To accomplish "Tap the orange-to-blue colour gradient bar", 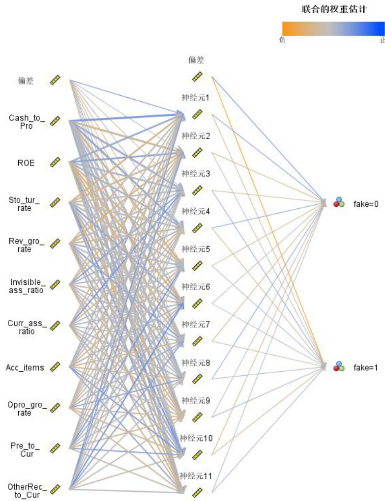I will click(x=333, y=28).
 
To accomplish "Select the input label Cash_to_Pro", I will click(x=27, y=121).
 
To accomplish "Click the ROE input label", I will click(x=26, y=163).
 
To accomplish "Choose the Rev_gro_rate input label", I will click(x=27, y=245).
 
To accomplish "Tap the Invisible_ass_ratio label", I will click(x=27, y=286).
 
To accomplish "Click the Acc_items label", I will click(x=25, y=367).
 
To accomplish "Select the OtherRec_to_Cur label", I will click(x=27, y=490).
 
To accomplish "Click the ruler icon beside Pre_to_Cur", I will click(x=55, y=447).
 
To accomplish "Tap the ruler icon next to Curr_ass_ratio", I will click(x=55, y=325).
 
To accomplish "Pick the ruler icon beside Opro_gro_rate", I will click(x=55, y=407).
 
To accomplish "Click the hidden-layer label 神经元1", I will click(x=196, y=97).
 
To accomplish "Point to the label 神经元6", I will click(x=196, y=286).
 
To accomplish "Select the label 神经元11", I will click(x=196, y=475).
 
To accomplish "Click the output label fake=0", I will click(x=366, y=204).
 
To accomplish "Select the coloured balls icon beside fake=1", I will click(x=339, y=366).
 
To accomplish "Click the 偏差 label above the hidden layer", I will click(x=196, y=60).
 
